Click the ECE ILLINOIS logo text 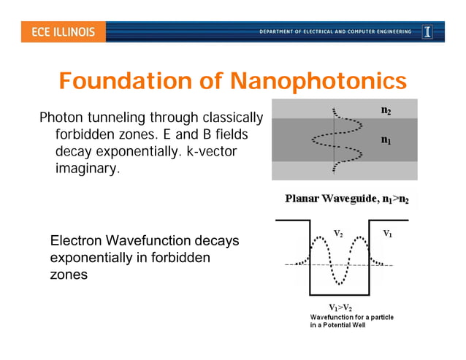(63, 32)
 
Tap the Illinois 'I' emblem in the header (427, 32)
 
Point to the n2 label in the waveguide (385, 110)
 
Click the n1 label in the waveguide (385, 139)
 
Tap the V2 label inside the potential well (338, 233)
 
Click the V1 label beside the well (388, 234)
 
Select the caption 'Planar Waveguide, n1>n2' (346, 198)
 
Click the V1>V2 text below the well (340, 307)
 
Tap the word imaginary (87, 169)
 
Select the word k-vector (211, 152)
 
